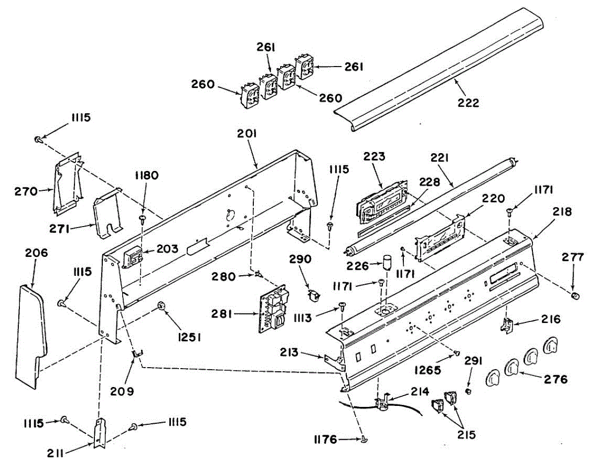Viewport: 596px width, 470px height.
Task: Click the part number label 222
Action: pyautogui.click(x=469, y=103)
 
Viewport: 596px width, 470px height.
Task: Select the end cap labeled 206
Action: pyautogui.click(x=29, y=335)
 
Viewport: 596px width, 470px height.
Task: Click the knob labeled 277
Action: pyautogui.click(x=576, y=297)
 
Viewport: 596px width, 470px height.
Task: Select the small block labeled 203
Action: pyautogui.click(x=133, y=257)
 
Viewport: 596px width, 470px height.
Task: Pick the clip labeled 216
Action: pyautogui.click(x=508, y=325)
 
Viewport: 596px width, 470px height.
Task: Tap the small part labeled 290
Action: pyautogui.click(x=313, y=295)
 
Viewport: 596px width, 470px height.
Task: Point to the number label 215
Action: pyautogui.click(x=466, y=434)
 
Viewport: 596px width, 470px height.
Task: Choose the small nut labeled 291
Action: pyautogui.click(x=470, y=392)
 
